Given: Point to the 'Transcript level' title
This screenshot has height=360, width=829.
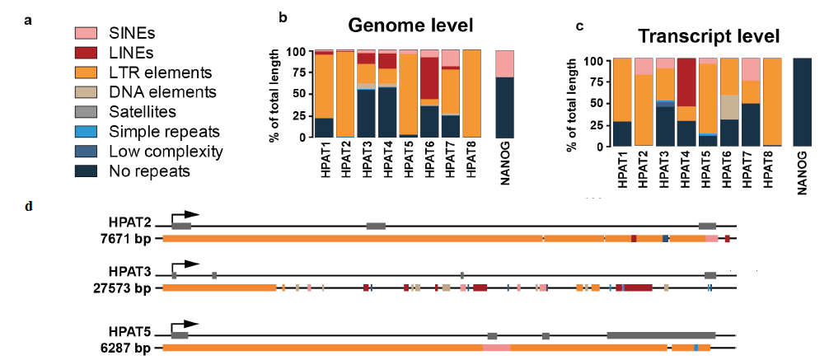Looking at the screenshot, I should click(x=710, y=36).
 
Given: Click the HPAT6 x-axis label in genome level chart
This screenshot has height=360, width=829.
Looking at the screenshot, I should click(x=429, y=157).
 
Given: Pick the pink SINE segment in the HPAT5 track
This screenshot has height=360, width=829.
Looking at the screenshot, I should click(x=496, y=348).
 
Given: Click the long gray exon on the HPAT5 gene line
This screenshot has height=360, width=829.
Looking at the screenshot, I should click(x=661, y=335).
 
